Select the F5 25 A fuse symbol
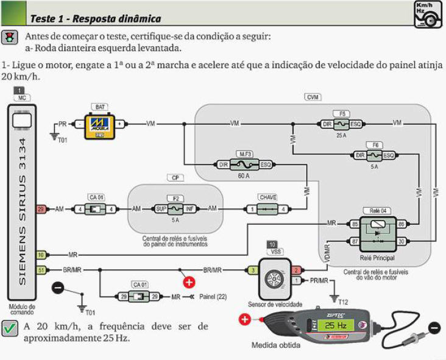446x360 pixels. [342, 124]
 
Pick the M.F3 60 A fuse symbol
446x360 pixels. [244, 164]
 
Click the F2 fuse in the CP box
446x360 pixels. [174, 209]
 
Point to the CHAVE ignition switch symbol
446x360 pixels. [267, 209]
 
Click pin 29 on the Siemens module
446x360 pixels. [41, 209]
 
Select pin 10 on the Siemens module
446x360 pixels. [41, 255]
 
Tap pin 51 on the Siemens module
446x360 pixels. [41, 269]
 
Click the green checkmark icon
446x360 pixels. [9, 329]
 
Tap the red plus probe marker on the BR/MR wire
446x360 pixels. [189, 282]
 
